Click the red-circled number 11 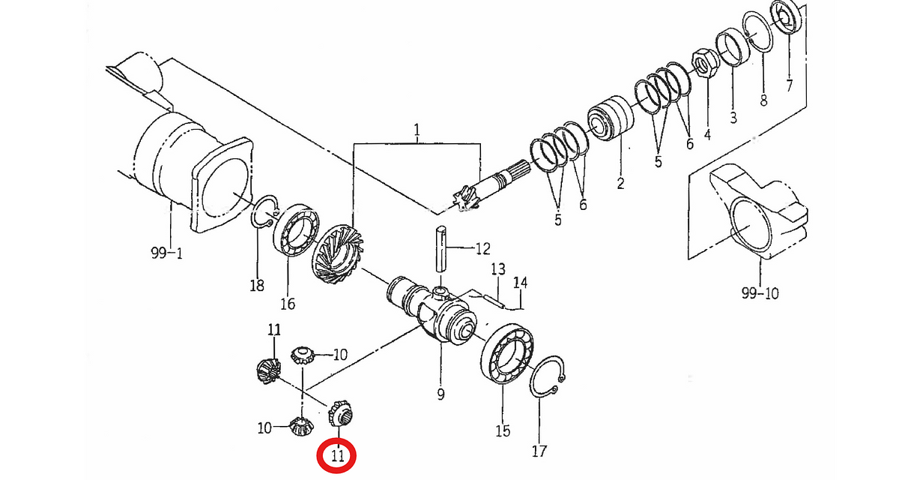tap(338, 456)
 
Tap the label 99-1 tap(166, 253)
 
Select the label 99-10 tap(760, 293)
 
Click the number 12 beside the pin tap(482, 249)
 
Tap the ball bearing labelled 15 tap(507, 353)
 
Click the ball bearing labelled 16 tap(296, 230)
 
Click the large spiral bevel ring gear tap(337, 255)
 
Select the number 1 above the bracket tap(417, 130)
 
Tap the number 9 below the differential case tap(441, 394)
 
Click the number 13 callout tap(498, 268)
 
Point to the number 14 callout tap(521, 283)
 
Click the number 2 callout tap(621, 183)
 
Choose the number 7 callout tap(789, 85)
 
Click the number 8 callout tap(763, 99)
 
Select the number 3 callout tap(733, 117)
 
